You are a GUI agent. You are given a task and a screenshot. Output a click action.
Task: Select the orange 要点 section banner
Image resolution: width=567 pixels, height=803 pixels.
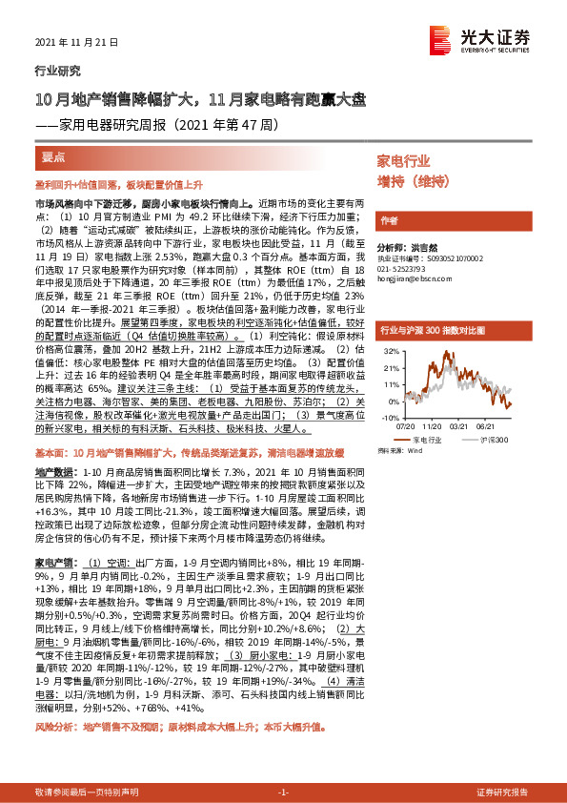(55, 155)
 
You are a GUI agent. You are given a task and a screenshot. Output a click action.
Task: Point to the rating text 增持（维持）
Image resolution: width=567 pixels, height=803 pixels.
(413, 180)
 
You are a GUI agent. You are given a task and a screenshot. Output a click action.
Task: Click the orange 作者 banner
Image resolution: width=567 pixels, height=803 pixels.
(388, 220)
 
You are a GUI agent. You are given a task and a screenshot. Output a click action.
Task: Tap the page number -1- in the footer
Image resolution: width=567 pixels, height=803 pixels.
(283, 793)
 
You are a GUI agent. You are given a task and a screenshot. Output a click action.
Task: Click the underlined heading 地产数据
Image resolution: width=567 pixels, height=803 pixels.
(51, 472)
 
